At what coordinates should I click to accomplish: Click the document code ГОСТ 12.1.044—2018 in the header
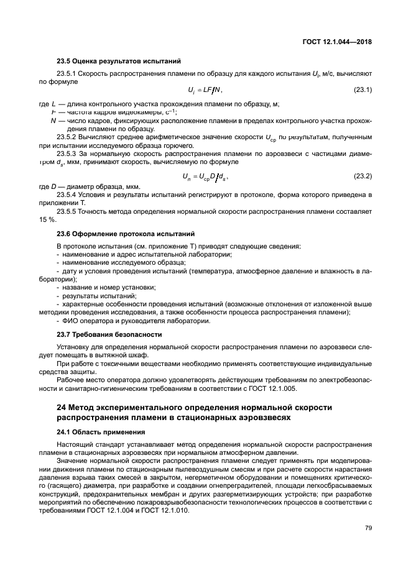(x=336, y=41)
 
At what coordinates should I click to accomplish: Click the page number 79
(x=368, y=529)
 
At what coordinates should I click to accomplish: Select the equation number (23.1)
(x=363, y=91)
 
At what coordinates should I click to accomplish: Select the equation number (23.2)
(x=363, y=176)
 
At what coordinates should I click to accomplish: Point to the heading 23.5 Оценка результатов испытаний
(x=119, y=62)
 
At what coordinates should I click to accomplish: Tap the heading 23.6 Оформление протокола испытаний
(x=126, y=234)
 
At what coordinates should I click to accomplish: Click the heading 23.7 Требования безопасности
(x=109, y=334)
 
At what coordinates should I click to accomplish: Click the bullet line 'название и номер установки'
(x=106, y=287)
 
